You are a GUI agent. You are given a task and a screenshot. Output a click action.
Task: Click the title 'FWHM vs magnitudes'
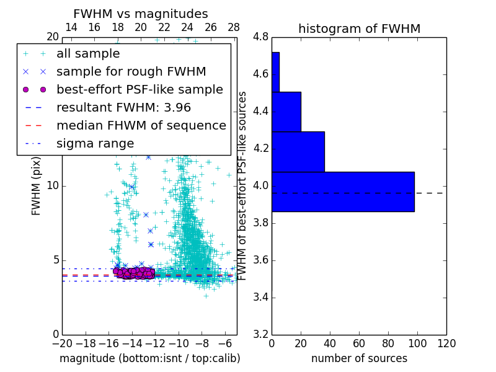pos(140,14)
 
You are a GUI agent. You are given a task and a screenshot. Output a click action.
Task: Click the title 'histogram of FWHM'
pos(359,29)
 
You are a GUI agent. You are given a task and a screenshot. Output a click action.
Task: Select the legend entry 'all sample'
pos(88,54)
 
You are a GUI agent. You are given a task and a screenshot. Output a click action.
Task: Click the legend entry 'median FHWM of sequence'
pos(141,125)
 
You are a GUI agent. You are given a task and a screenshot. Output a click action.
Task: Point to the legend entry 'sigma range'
pos(95,143)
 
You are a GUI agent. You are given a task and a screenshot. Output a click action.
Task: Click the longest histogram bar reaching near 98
pos(343,192)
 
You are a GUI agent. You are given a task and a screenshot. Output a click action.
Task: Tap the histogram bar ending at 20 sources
pos(286,112)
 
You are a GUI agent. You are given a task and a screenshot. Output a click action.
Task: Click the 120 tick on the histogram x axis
pos(446,343)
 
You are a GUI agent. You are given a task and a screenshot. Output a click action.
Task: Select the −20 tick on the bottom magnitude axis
pos(62,343)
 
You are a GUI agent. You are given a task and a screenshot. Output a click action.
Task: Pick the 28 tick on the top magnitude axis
pos(234,28)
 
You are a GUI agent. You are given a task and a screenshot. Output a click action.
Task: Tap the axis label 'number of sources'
pos(359,358)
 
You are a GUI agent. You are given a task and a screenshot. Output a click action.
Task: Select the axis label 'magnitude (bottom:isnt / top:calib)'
pos(149,358)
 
